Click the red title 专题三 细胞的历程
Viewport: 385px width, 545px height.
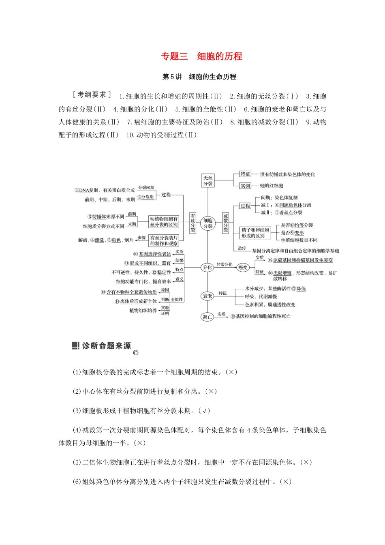pos(201,56)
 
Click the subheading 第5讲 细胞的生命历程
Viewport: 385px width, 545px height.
pos(199,77)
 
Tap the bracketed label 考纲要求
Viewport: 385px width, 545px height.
pos(92,94)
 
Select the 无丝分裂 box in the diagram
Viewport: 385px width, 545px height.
pos(208,180)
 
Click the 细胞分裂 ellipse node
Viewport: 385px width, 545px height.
pos(208,223)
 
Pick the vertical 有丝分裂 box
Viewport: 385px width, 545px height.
pos(193,223)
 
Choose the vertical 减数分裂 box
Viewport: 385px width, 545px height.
pos(225,223)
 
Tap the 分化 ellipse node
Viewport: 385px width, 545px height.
pos(207,267)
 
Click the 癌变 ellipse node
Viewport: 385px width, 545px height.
pos(243,267)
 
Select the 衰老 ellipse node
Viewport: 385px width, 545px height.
pos(207,296)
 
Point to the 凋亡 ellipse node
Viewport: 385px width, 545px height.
pos(207,317)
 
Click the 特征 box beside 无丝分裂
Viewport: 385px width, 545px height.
pos(245,174)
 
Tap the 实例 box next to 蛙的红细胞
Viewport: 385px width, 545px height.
pos(245,186)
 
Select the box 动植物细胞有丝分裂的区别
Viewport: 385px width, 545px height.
pos(164,221)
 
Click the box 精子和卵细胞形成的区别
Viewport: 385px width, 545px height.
pos(255,233)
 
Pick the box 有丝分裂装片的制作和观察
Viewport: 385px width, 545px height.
pos(164,240)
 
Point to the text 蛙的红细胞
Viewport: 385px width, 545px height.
pos(272,186)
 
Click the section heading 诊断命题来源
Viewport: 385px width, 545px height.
pos(106,346)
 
